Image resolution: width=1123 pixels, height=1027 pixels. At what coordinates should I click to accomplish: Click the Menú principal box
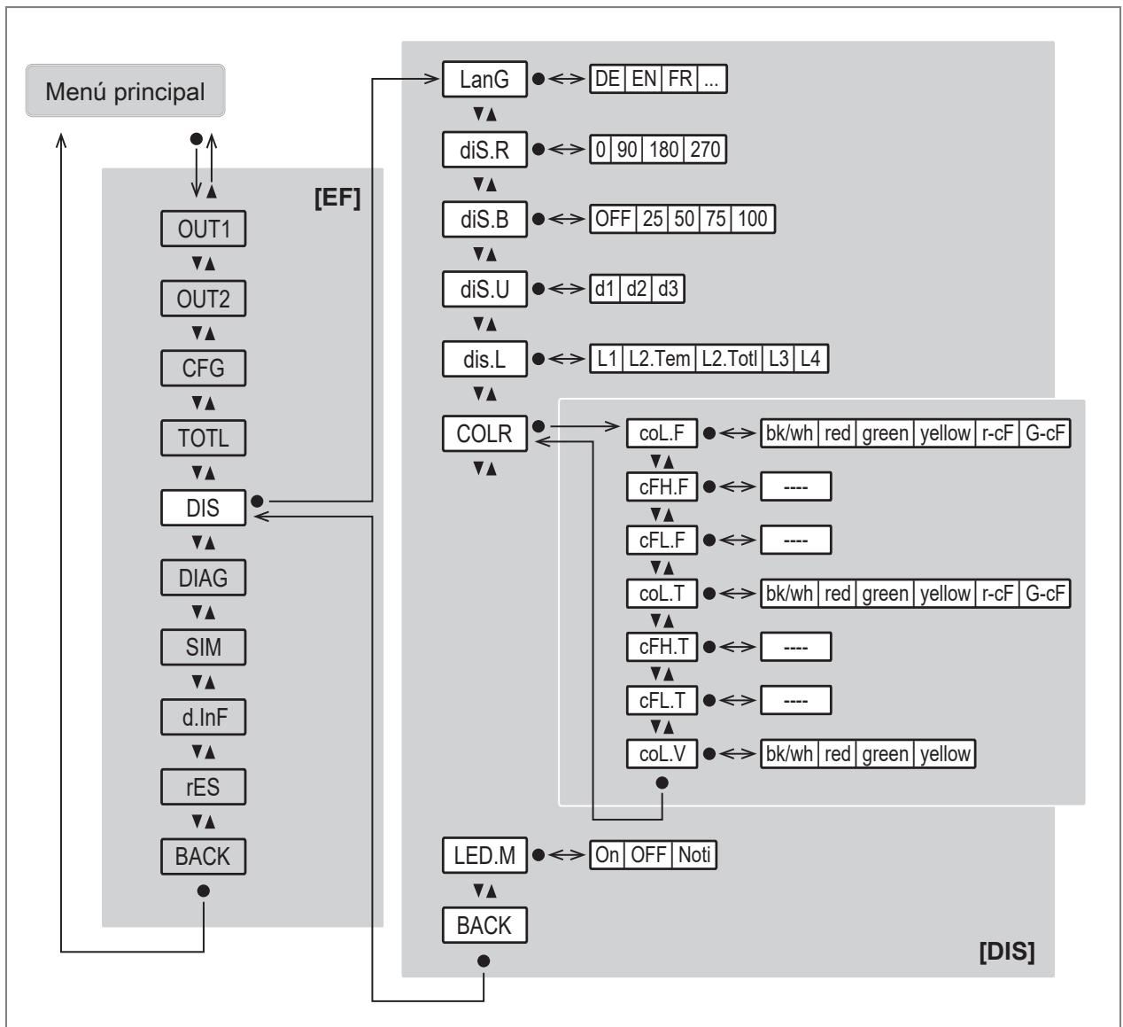[125, 90]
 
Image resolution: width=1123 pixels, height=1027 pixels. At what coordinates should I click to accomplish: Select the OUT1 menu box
[203, 229]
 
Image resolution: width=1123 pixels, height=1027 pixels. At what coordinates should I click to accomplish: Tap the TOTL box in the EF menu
[203, 438]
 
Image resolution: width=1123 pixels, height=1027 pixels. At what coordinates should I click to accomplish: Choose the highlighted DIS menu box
[203, 508]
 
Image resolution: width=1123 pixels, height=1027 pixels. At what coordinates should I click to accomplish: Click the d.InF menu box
[203, 717]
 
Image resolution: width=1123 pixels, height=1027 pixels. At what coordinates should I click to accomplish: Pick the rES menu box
[203, 787]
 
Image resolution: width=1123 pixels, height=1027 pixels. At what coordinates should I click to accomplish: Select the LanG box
[484, 79]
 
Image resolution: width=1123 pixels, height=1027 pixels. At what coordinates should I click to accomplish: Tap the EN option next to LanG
[644, 79]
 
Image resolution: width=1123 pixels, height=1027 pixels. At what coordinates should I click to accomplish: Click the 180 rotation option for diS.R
[664, 149]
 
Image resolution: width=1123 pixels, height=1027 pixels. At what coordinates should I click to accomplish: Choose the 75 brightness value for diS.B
[716, 219]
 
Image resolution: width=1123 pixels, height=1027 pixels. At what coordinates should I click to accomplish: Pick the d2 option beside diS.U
[637, 289]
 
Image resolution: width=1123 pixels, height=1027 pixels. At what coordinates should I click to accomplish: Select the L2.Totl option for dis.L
[729, 359]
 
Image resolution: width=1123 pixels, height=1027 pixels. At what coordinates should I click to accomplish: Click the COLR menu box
[484, 433]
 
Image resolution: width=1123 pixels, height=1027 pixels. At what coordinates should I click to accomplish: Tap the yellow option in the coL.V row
[945, 753]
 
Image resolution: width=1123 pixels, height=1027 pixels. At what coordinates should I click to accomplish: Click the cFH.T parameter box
[662, 647]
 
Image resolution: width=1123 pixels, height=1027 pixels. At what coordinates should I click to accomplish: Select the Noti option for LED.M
[694, 855]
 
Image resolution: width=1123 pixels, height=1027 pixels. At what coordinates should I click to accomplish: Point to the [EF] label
[337, 198]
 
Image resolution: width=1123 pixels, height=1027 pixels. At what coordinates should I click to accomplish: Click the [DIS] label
[1007, 951]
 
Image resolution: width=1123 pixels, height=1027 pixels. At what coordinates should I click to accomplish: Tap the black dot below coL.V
[662, 782]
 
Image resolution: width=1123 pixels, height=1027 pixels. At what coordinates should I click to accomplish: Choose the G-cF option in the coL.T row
[1045, 594]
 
